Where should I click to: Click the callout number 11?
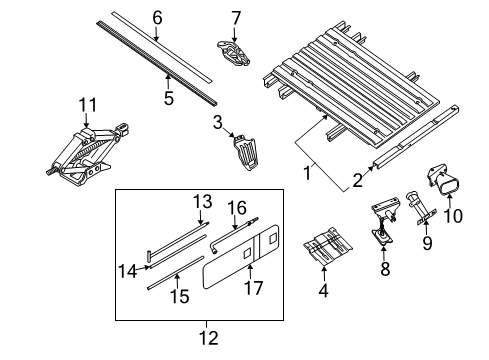pos(89,103)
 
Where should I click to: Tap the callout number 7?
pos(236,17)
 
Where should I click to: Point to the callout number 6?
pos(156,17)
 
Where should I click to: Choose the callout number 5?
pos(169,99)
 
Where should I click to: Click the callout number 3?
pos(216,122)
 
